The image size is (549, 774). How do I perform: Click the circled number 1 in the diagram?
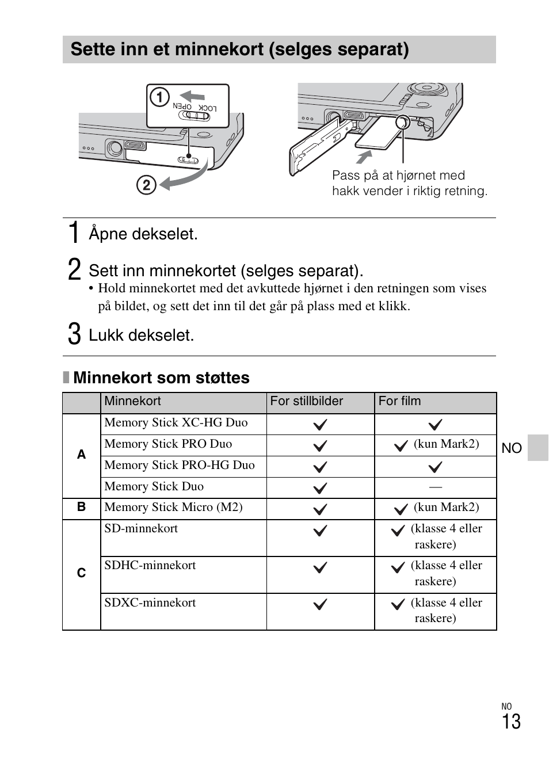(x=159, y=97)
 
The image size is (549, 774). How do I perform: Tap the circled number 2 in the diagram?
(x=146, y=185)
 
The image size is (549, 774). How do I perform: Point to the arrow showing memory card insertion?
(x=364, y=157)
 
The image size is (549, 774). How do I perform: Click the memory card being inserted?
(x=378, y=134)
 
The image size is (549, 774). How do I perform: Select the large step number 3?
(x=74, y=334)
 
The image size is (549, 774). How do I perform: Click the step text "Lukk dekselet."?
(x=142, y=335)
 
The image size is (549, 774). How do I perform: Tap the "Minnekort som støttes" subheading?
(x=161, y=378)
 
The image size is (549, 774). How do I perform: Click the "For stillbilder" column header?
(x=307, y=402)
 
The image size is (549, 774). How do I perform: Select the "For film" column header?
(x=399, y=402)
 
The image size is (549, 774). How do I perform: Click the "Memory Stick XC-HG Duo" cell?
(x=176, y=423)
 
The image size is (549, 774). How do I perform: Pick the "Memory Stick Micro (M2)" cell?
(x=173, y=508)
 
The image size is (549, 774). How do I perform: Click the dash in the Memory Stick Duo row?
(x=436, y=487)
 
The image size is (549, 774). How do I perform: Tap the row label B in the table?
(x=81, y=507)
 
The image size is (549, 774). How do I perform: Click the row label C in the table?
(x=81, y=573)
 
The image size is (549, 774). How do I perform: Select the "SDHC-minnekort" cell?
(x=150, y=566)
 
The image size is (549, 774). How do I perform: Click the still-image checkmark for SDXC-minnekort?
(x=320, y=605)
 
